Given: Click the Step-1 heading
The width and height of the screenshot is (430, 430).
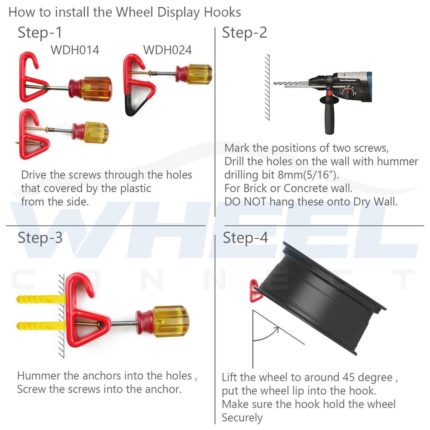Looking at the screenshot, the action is pyautogui.click(x=40, y=33).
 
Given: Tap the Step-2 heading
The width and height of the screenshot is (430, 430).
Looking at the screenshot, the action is pyautogui.click(x=244, y=33).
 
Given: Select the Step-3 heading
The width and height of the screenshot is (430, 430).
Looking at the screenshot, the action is pyautogui.click(x=40, y=237).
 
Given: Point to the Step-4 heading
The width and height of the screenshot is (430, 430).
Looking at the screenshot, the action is pyautogui.click(x=245, y=237).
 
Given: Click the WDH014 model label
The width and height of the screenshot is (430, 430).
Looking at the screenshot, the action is pyautogui.click(x=75, y=50).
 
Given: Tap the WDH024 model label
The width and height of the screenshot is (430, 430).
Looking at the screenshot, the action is pyautogui.click(x=167, y=50).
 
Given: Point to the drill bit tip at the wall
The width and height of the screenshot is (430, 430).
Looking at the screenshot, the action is pyautogui.click(x=275, y=83).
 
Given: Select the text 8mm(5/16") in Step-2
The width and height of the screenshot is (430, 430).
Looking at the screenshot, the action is pyautogui.click(x=308, y=175).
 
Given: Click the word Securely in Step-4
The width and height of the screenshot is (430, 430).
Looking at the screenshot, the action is pyautogui.click(x=242, y=418).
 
